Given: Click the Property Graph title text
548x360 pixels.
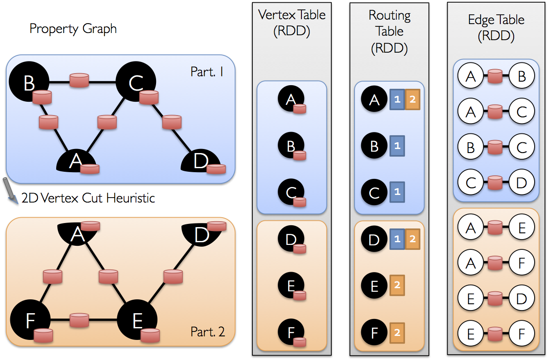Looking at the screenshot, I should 73,29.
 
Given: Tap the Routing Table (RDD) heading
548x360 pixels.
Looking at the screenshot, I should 389,31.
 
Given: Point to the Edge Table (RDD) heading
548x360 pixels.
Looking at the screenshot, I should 496,28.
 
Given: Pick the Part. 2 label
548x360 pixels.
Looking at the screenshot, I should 207,332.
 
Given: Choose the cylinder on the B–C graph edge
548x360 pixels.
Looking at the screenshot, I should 79,80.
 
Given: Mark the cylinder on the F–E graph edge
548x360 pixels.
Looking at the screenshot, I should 79,320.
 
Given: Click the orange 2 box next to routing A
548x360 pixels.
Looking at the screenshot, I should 412,99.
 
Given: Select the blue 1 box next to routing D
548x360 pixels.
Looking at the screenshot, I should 397,239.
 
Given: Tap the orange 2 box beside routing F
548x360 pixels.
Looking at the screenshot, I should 397,332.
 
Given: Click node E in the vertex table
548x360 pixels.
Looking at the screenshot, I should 291,286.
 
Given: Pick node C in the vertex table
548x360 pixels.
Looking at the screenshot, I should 291,193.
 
